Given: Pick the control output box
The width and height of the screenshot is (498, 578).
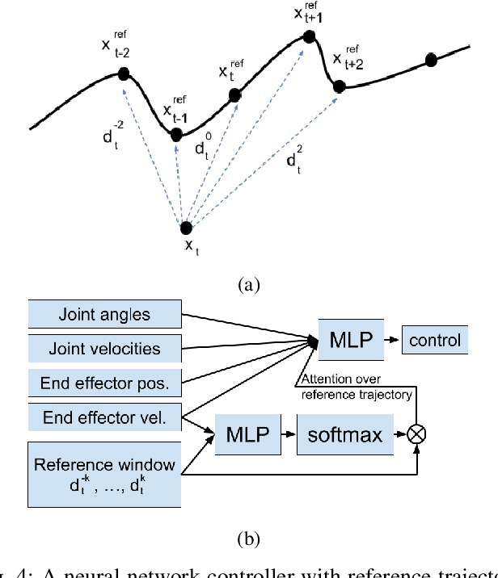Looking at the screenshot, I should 434,340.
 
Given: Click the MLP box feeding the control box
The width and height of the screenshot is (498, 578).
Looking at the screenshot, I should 349,339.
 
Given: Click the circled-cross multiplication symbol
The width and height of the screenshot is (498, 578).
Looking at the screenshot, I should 416,434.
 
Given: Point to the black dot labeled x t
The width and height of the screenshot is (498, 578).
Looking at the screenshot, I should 187,228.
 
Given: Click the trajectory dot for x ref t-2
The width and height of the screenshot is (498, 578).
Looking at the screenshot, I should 124,74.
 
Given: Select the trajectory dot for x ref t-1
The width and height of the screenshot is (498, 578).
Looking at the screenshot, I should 177,135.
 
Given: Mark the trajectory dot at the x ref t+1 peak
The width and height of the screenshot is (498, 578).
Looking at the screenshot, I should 309,36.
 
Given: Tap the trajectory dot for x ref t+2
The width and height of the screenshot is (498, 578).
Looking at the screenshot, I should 340,86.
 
